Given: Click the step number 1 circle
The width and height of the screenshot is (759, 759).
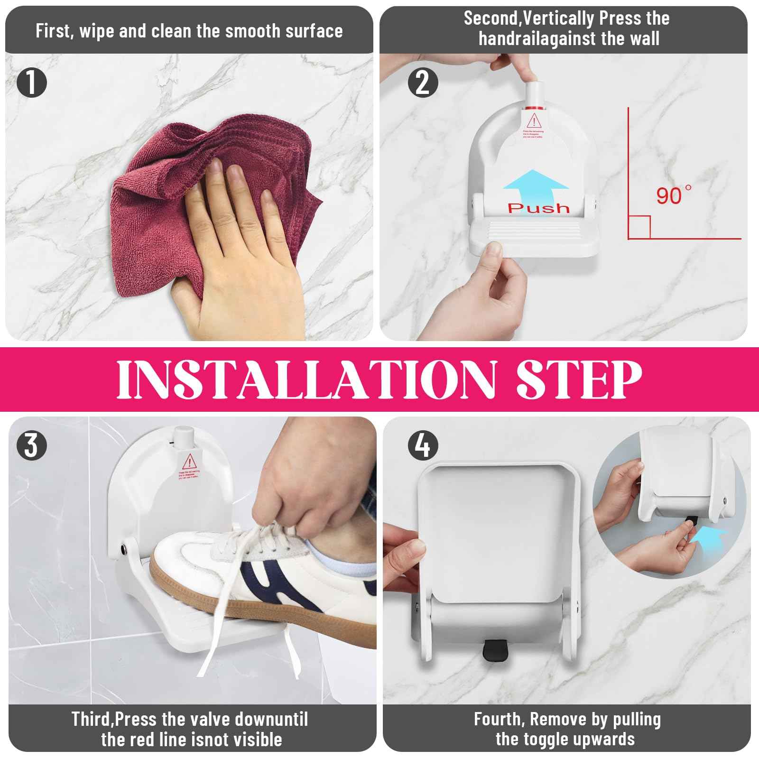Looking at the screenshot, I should (x=32, y=83).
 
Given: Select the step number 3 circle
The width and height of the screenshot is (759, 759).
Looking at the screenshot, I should (x=32, y=446).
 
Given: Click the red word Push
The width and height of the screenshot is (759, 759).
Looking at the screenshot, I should (x=538, y=208).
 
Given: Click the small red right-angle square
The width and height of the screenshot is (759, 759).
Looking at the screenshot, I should (x=639, y=227).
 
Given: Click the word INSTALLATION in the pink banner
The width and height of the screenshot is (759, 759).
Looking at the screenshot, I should (x=306, y=379).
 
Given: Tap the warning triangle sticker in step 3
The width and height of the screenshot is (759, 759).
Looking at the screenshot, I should (x=189, y=460).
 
